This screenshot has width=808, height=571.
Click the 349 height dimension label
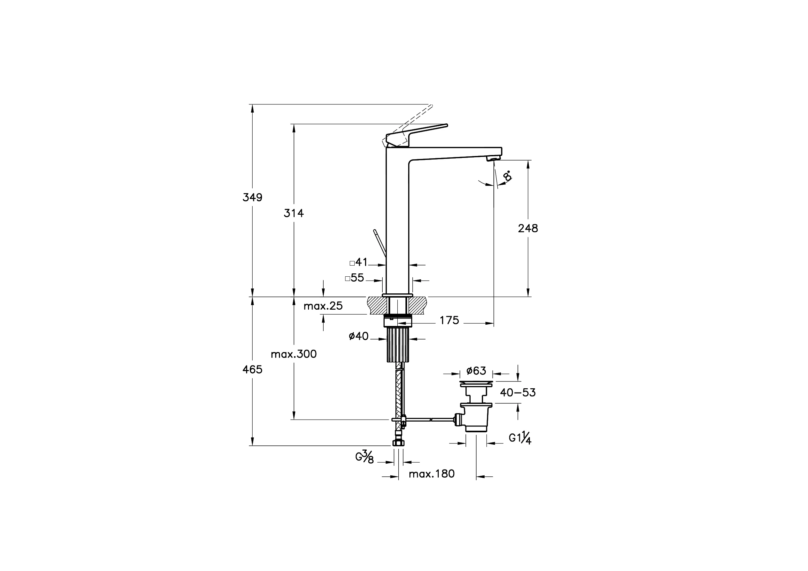252,197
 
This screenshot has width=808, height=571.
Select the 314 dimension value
294,213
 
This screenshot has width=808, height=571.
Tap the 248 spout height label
528,229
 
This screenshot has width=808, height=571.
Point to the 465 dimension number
252,369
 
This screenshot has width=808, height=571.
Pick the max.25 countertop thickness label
323,306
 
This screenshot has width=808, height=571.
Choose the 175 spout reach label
449,320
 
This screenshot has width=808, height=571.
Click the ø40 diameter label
359,336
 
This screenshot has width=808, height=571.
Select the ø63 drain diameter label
476,371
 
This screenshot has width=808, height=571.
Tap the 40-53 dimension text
518,393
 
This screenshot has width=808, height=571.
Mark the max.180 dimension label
432,474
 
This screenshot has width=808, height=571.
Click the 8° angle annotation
507,176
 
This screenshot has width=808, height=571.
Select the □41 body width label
359,262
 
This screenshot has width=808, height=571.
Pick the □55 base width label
355,278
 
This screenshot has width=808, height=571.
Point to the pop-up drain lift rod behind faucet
380,243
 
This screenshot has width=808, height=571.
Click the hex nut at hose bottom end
398,443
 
